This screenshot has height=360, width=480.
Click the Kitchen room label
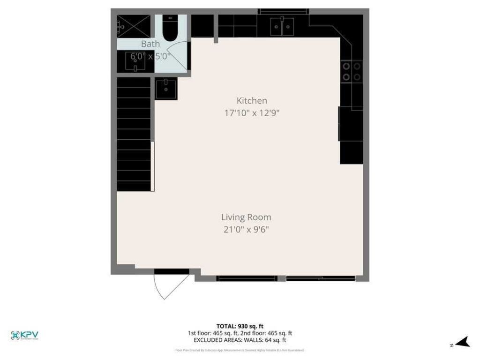click(252, 100)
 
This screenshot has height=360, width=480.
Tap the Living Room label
click(246, 217)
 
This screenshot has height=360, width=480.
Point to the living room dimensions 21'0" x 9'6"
click(246, 229)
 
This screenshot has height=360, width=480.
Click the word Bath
click(150, 44)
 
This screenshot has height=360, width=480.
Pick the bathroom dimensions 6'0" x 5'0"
click(150, 56)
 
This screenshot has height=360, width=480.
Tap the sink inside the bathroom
click(135, 62)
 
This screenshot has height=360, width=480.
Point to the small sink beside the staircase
click(166, 88)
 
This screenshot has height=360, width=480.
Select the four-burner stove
click(352, 71)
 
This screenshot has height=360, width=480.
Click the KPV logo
click(24, 335)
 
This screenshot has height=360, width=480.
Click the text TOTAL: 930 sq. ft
click(240, 326)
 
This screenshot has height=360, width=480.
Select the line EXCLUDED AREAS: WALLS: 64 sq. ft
click(240, 340)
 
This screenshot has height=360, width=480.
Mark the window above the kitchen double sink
click(283, 11)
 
